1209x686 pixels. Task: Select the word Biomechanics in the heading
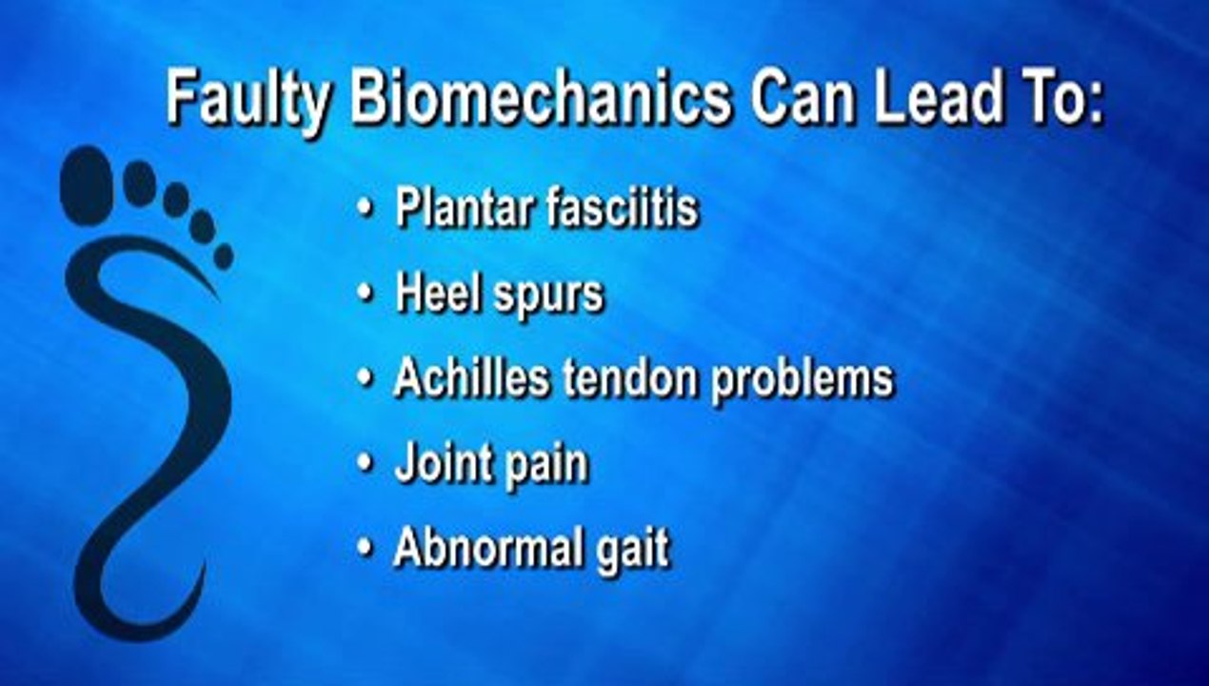pos(542,97)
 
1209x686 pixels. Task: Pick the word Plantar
pos(464,209)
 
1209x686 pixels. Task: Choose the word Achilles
pos(472,377)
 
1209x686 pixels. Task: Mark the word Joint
pos(434,465)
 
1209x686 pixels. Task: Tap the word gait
pos(634,552)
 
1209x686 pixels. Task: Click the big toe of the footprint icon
pos(87,184)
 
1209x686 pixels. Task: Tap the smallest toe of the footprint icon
pos(223,256)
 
